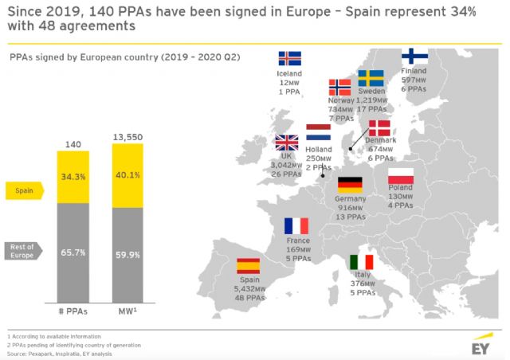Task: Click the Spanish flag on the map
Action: click(249, 266)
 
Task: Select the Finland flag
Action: click(414, 57)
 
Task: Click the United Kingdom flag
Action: click(286, 143)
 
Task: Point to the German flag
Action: click(350, 184)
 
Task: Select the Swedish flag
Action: click(371, 78)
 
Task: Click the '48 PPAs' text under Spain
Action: click(249, 299)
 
